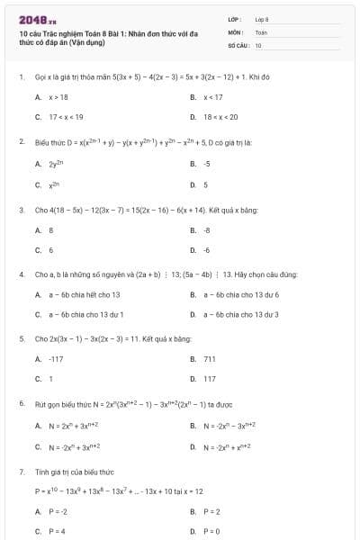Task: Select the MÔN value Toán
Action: (261, 31)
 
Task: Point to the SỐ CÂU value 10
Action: (258, 44)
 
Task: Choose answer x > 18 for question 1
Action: (58, 97)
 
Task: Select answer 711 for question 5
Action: (209, 358)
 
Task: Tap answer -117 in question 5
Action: (56, 358)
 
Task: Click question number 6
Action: (21, 403)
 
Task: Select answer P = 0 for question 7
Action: (212, 532)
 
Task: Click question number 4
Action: (21, 274)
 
